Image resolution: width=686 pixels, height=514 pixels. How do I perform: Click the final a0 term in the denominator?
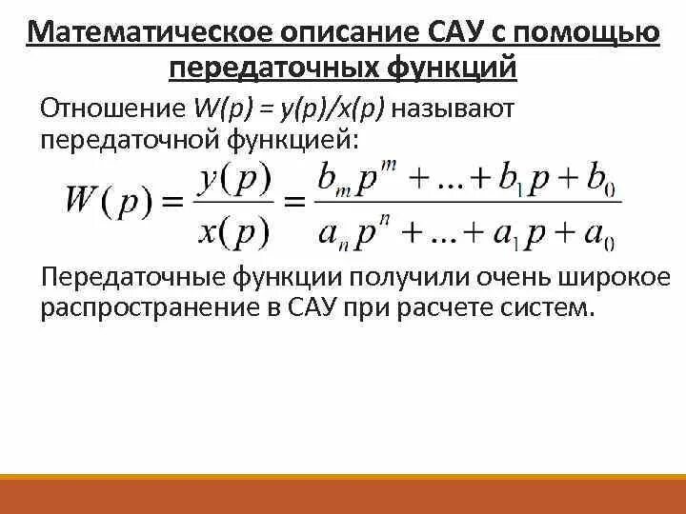[601, 231]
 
